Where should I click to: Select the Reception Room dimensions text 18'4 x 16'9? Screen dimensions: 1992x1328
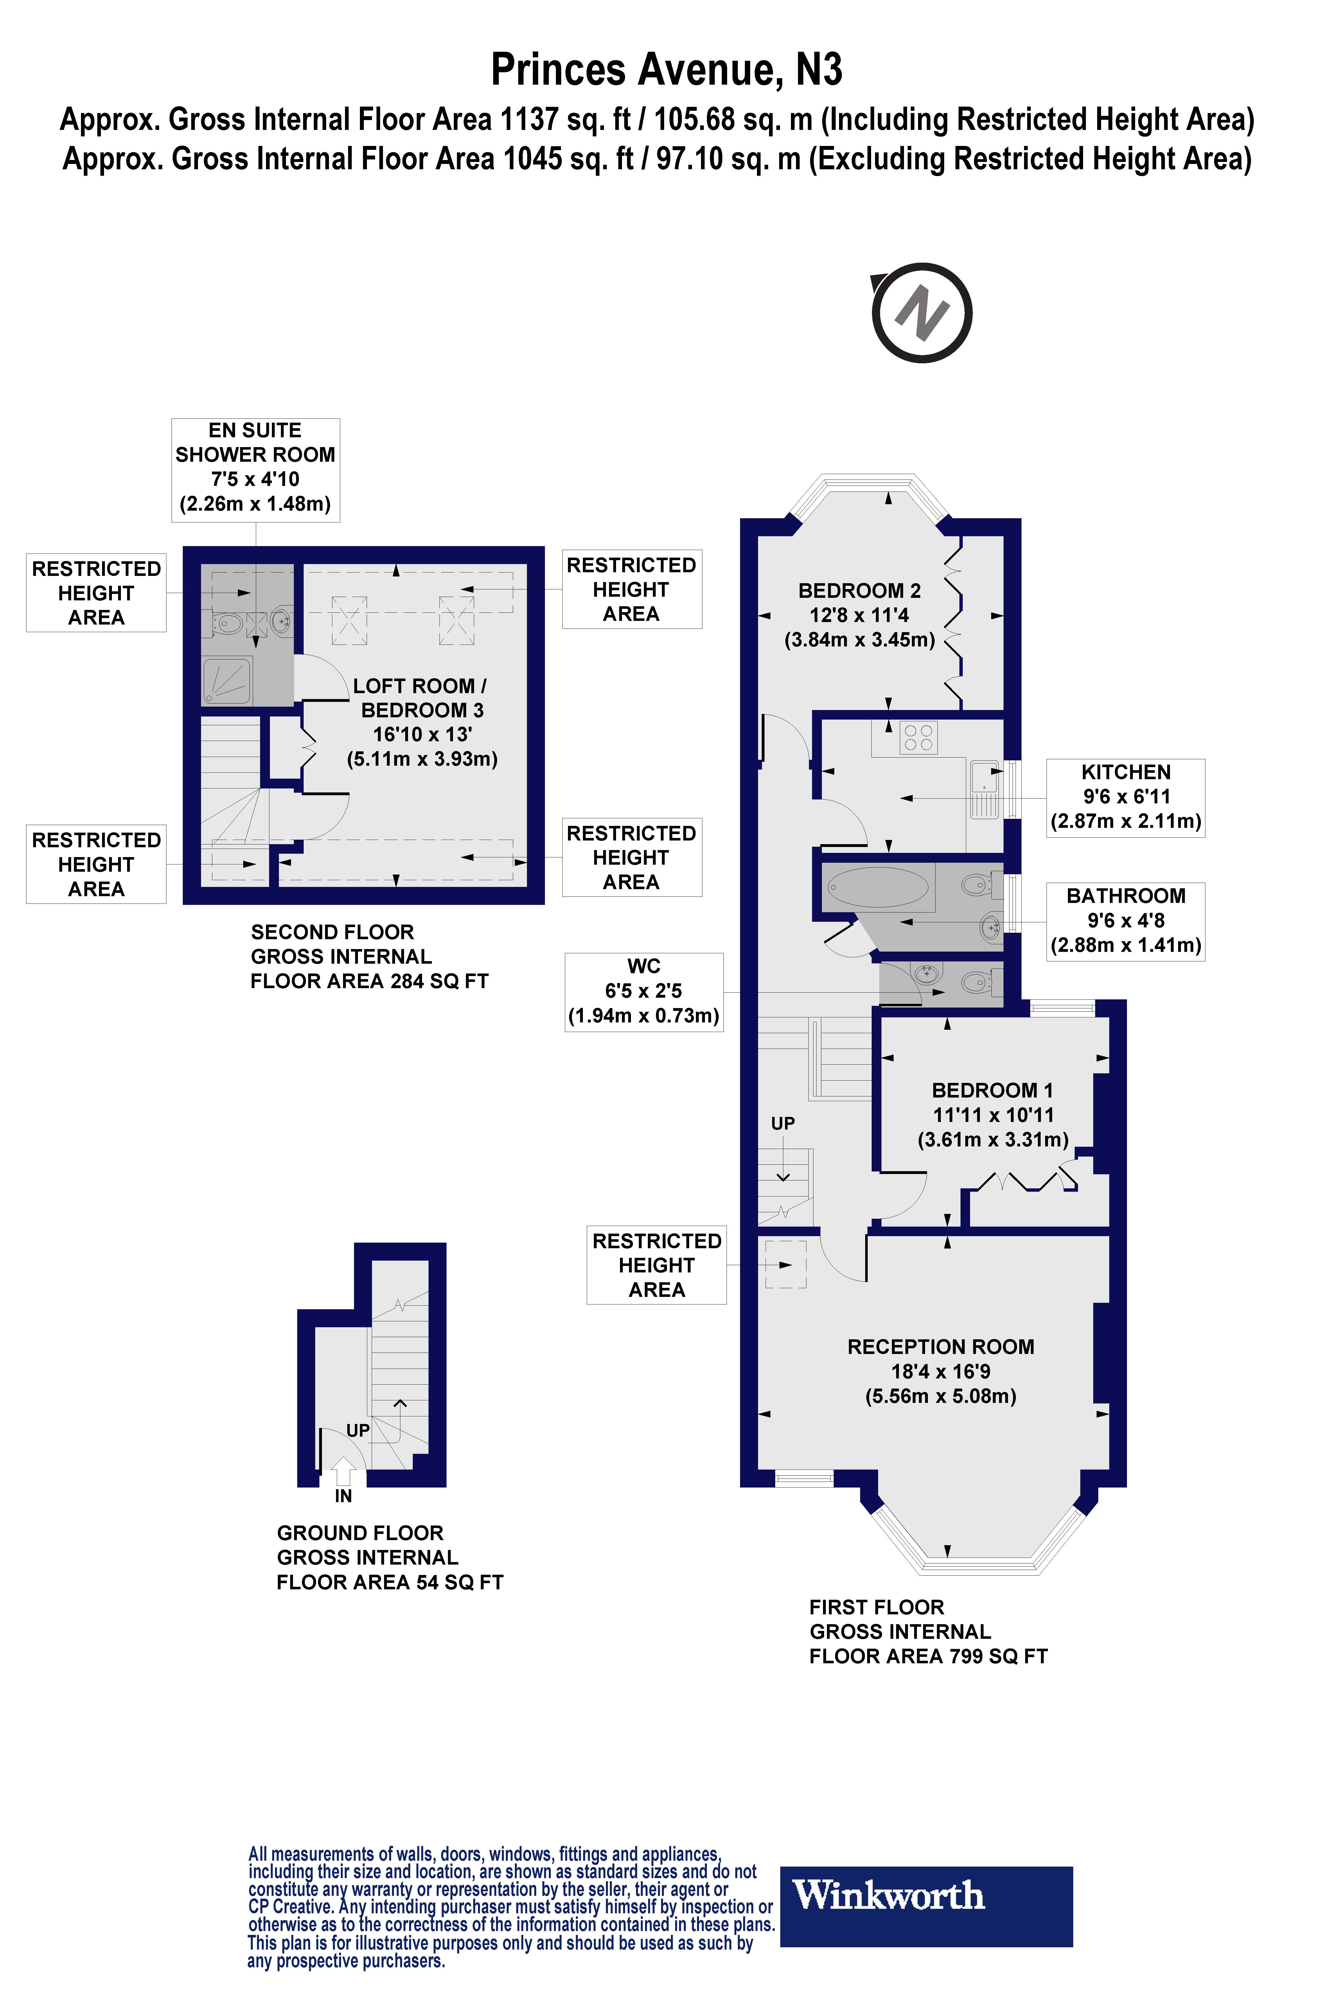pyautogui.click(x=940, y=1371)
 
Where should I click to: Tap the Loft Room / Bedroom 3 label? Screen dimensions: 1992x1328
pyautogui.click(x=420, y=698)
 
